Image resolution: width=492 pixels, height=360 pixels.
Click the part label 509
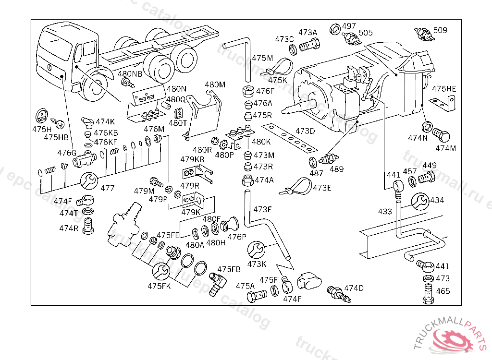(440, 30)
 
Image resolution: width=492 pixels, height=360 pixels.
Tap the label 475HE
(444, 89)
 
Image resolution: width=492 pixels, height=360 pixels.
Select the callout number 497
(349, 26)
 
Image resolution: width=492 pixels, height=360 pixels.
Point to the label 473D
(305, 131)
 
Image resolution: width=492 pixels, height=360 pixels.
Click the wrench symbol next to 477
(88, 180)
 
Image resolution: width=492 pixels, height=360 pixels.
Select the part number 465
(443, 291)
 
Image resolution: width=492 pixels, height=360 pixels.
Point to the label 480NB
(130, 74)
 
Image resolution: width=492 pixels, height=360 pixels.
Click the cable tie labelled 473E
(299, 185)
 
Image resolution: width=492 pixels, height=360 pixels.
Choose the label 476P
(236, 236)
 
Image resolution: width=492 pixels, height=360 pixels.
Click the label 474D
(354, 288)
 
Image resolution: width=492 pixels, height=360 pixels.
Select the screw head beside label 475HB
(60, 124)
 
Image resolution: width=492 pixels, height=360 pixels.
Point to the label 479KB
(192, 159)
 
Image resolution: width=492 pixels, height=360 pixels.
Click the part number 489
(336, 169)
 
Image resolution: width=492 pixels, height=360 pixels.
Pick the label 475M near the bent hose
(262, 58)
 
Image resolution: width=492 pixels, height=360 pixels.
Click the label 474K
(105, 122)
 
